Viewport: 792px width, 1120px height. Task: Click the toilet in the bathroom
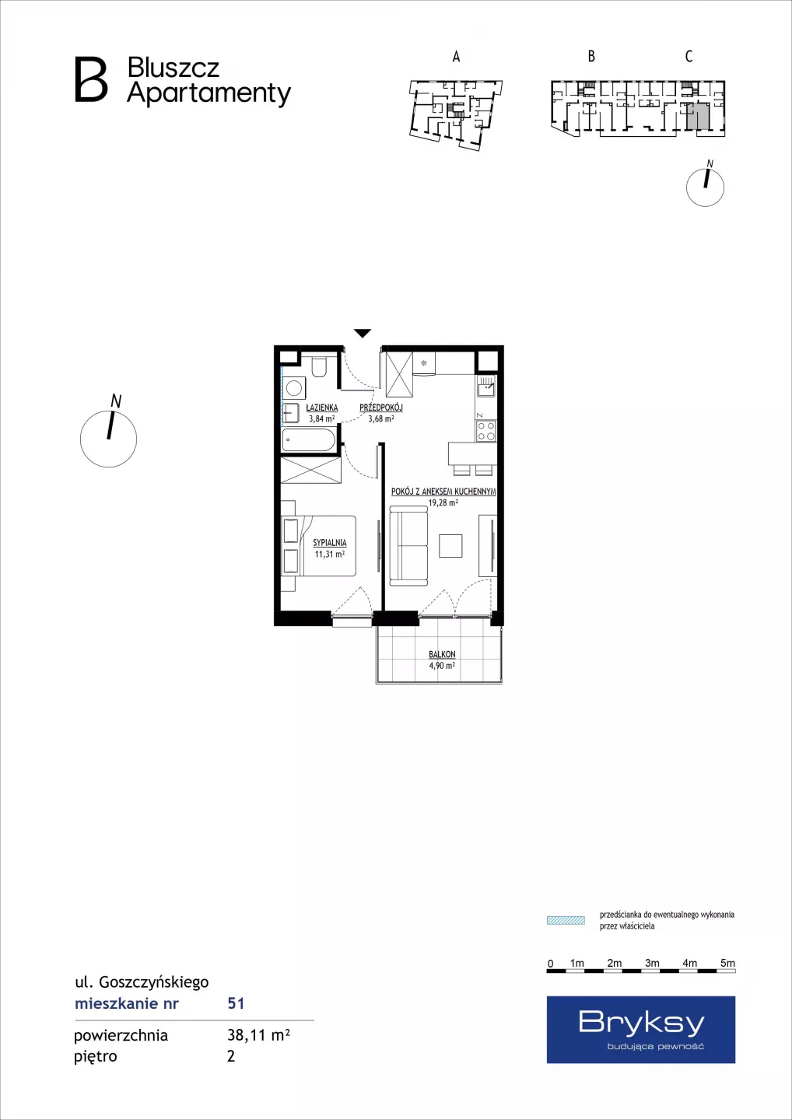[318, 367]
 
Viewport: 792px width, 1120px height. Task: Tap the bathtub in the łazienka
[309, 440]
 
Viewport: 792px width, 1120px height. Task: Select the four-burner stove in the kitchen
[485, 431]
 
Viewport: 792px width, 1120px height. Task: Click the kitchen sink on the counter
[486, 387]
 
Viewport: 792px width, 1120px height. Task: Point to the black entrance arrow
[362, 333]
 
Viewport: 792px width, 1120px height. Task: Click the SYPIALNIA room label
[330, 543]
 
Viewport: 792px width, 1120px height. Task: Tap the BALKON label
[442, 654]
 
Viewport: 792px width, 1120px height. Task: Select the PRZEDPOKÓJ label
[381, 408]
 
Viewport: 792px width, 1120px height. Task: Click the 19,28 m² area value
[443, 503]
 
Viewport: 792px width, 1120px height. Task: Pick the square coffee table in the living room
[450, 545]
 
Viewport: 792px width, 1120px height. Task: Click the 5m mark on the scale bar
[727, 963]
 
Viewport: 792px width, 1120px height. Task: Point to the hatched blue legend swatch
[566, 921]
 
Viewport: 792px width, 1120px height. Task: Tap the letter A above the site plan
[456, 57]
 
